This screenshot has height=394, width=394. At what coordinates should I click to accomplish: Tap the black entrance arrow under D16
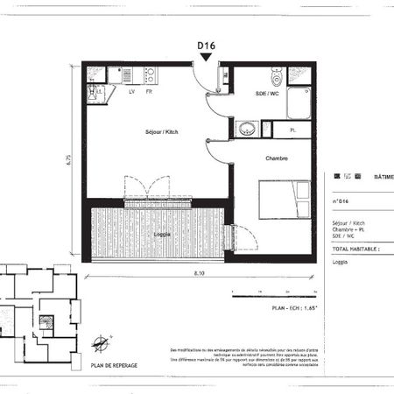coord(206,57)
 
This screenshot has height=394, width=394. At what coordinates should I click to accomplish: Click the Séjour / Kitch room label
coord(163,132)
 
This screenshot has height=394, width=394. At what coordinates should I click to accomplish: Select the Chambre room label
coord(277,158)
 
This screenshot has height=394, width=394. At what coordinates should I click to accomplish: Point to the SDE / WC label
coord(267,93)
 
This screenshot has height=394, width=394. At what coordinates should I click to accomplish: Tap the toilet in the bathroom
coord(278,75)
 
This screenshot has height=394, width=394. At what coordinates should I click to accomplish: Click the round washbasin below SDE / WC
coord(244,129)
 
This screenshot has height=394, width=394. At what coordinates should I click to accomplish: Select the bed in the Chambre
coord(285,201)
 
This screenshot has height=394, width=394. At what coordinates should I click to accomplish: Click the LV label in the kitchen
coord(131,91)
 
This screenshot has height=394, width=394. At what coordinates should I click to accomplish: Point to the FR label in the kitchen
coord(150,91)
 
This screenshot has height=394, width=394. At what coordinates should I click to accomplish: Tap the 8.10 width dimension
coord(201,273)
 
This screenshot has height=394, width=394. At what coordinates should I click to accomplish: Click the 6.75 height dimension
coord(69,160)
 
